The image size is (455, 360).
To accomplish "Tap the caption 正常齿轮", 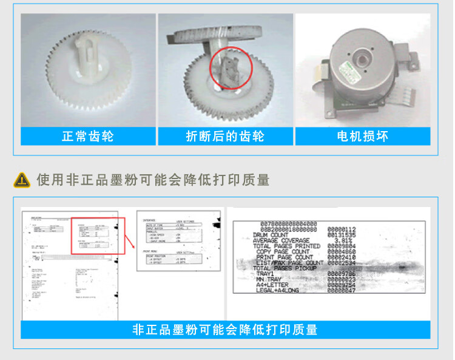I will (x=87, y=136).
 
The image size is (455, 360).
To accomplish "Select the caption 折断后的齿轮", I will (x=225, y=136).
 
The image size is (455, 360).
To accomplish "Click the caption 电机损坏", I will (x=362, y=136).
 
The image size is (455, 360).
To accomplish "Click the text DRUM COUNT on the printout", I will (x=271, y=234).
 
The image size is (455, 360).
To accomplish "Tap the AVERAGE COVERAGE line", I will (x=280, y=240).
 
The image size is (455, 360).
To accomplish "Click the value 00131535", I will (x=342, y=234).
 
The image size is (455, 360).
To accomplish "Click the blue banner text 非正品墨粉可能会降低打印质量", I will (x=225, y=330).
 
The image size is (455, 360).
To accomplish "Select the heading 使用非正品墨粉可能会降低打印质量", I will (x=153, y=180).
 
